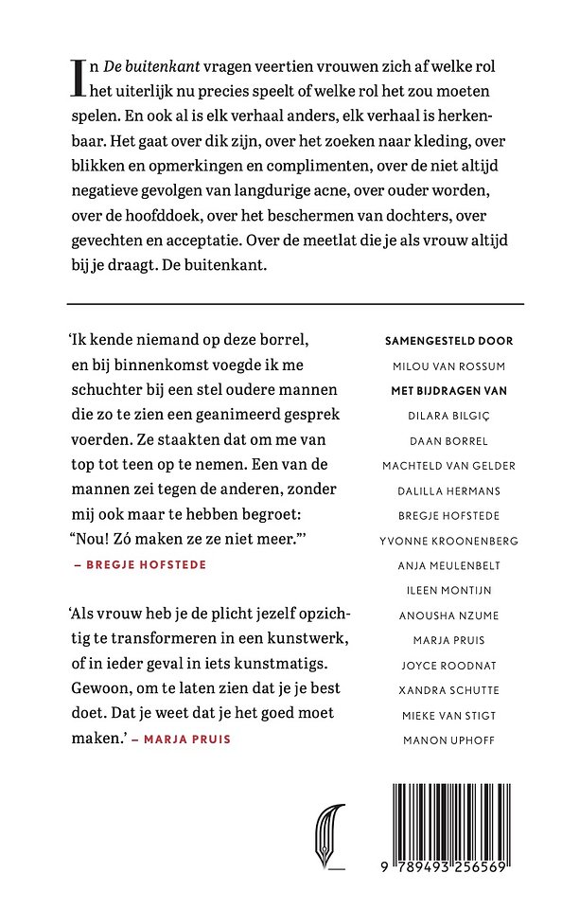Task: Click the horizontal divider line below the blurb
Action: point(295,304)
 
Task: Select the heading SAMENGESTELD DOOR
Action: point(448,341)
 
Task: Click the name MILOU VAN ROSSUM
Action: point(448,365)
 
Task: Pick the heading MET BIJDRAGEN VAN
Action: point(448,390)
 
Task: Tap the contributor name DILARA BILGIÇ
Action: point(448,415)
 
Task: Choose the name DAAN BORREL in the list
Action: point(448,440)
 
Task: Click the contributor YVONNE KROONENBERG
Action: point(448,540)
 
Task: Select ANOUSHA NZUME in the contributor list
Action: point(448,615)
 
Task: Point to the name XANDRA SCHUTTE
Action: point(448,689)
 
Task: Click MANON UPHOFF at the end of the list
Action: point(448,739)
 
